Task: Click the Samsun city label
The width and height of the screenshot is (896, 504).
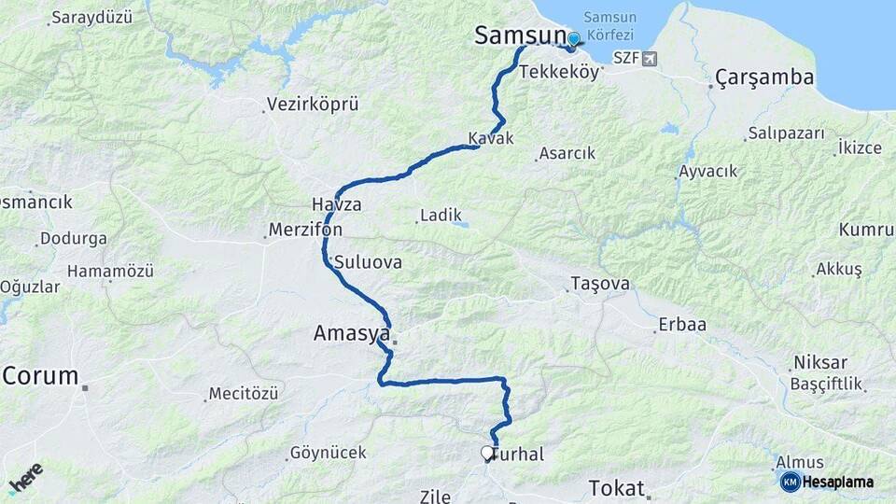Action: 520,36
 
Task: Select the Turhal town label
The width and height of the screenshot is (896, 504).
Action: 519,454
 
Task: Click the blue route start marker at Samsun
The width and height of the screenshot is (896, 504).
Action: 573,39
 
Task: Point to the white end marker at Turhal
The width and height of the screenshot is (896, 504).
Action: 487,454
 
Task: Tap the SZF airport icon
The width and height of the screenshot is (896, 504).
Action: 650,58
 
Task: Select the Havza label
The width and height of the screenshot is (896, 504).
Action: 336,203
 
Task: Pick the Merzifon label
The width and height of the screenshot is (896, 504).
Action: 305,229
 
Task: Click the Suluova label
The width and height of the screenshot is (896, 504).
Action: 368,262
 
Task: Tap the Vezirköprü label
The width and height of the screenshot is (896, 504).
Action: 313,104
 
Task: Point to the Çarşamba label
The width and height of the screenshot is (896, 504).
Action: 765,77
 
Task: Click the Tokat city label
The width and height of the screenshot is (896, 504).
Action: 616,488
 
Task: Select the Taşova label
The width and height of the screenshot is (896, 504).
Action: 600,284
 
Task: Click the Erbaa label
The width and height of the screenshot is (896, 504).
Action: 682,325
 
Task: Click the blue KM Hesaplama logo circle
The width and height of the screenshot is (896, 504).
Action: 790,482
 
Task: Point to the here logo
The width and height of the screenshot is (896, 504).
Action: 25,478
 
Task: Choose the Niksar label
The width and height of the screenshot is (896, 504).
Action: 819,362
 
